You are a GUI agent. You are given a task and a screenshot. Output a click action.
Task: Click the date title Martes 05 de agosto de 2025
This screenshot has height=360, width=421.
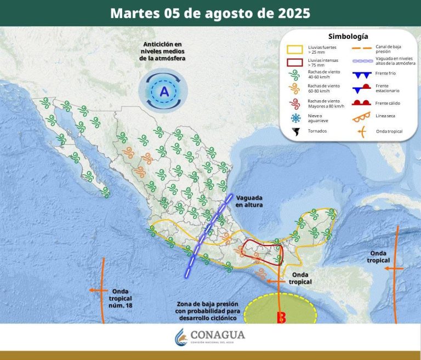210,13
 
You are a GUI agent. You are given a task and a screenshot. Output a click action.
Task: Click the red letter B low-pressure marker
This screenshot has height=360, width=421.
282,317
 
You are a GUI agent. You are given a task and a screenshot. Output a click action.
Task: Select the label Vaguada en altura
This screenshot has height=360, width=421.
249,201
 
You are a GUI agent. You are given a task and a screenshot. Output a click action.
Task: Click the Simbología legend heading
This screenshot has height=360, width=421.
348,37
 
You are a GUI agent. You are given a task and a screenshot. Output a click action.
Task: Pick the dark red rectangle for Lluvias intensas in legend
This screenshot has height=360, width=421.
295,62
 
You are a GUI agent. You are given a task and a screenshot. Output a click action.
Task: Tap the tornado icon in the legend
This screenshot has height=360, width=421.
297,132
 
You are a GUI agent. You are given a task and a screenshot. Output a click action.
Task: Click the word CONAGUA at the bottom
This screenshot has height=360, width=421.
218,335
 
